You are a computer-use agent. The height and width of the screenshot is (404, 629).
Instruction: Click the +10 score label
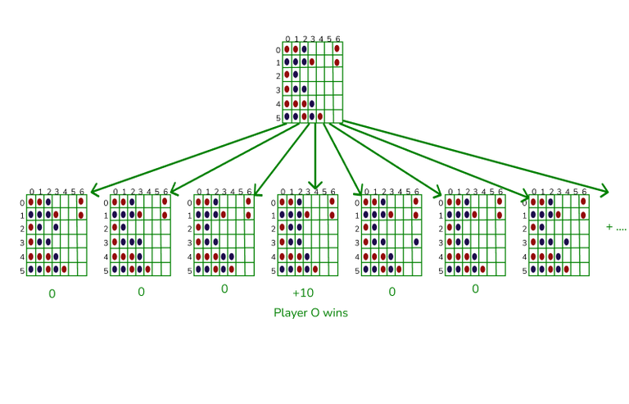303,293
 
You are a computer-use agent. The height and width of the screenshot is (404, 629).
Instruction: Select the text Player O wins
310,313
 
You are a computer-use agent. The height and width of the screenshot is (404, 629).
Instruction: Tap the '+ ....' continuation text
616,227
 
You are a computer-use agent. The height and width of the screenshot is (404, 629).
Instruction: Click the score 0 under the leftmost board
52,294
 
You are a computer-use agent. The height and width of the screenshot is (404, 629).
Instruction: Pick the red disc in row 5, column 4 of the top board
320,117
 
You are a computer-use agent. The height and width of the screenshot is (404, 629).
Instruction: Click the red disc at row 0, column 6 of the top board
337,48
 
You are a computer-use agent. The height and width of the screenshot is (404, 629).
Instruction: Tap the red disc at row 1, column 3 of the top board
312,62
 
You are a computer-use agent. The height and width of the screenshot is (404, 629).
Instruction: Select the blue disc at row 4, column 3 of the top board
312,104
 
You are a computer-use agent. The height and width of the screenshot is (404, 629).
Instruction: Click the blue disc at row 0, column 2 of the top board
304,48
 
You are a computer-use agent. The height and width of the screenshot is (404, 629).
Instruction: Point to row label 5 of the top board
278,118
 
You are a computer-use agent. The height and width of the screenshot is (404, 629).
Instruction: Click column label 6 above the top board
337,39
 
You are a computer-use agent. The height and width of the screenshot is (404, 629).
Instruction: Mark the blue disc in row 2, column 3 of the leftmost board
56,228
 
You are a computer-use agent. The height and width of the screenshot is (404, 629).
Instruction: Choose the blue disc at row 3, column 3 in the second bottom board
140,242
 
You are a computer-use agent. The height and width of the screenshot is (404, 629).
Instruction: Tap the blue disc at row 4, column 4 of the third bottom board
232,256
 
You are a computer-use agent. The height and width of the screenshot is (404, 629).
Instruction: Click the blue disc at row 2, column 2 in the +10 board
300,228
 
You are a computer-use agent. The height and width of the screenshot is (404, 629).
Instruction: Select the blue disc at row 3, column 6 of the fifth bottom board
416,242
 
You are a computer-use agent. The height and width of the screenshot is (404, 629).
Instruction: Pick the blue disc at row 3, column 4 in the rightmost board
566,242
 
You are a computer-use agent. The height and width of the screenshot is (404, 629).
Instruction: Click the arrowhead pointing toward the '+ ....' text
604,193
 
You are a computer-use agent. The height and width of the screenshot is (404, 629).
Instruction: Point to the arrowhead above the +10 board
315,185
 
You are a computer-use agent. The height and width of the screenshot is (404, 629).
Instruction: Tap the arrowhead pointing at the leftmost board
95,192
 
